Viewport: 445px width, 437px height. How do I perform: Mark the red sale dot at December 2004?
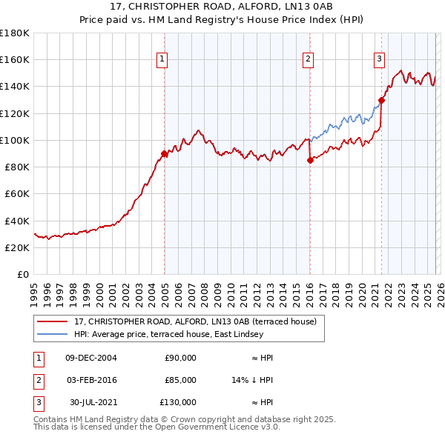[164, 154]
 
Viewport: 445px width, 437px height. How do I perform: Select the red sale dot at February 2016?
[310, 161]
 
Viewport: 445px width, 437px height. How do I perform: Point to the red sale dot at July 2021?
[381, 100]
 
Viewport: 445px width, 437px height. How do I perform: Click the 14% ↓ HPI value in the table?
[253, 379]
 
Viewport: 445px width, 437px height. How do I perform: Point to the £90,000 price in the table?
[180, 357]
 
